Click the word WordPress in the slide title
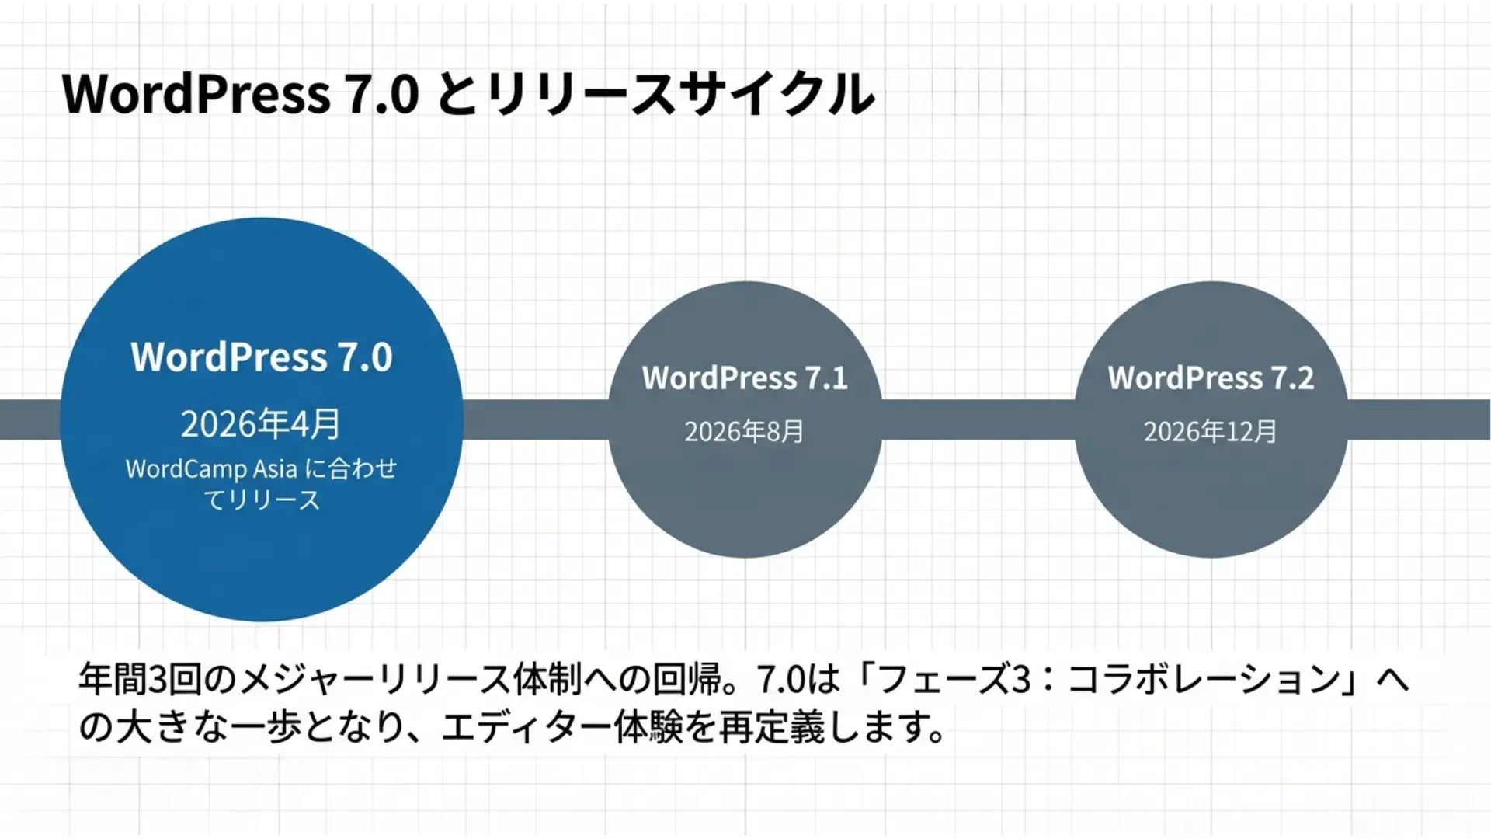pyautogui.click(x=196, y=94)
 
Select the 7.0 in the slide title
pyautogui.click(x=381, y=94)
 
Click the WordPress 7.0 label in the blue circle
pyautogui.click(x=262, y=357)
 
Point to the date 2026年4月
pyautogui.click(x=261, y=424)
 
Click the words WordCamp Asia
pyautogui.click(x=211, y=469)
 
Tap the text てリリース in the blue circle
pyautogui.click(x=262, y=500)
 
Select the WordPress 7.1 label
pyautogui.click(x=745, y=378)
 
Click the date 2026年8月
pyautogui.click(x=744, y=432)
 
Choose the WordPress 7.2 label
pyautogui.click(x=1211, y=378)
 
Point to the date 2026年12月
pyautogui.click(x=1210, y=432)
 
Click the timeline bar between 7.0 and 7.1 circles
pyautogui.click(x=536, y=419)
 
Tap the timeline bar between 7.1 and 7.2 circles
pyautogui.click(x=978, y=419)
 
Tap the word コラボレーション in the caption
pyautogui.click(x=1204, y=680)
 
